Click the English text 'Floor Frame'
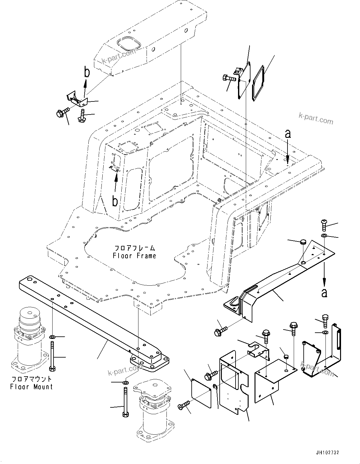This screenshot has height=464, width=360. pos(134,256)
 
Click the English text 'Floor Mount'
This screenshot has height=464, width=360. pos(31,387)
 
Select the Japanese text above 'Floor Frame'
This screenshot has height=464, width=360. pos(134,248)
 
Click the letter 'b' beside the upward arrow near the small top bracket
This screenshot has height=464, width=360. pos(87,72)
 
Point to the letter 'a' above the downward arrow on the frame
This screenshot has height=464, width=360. pos(288,134)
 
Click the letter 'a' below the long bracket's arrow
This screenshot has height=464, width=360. pos(324,292)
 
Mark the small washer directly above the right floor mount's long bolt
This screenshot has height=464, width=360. pos(125,382)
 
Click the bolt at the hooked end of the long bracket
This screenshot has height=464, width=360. pos(220,331)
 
